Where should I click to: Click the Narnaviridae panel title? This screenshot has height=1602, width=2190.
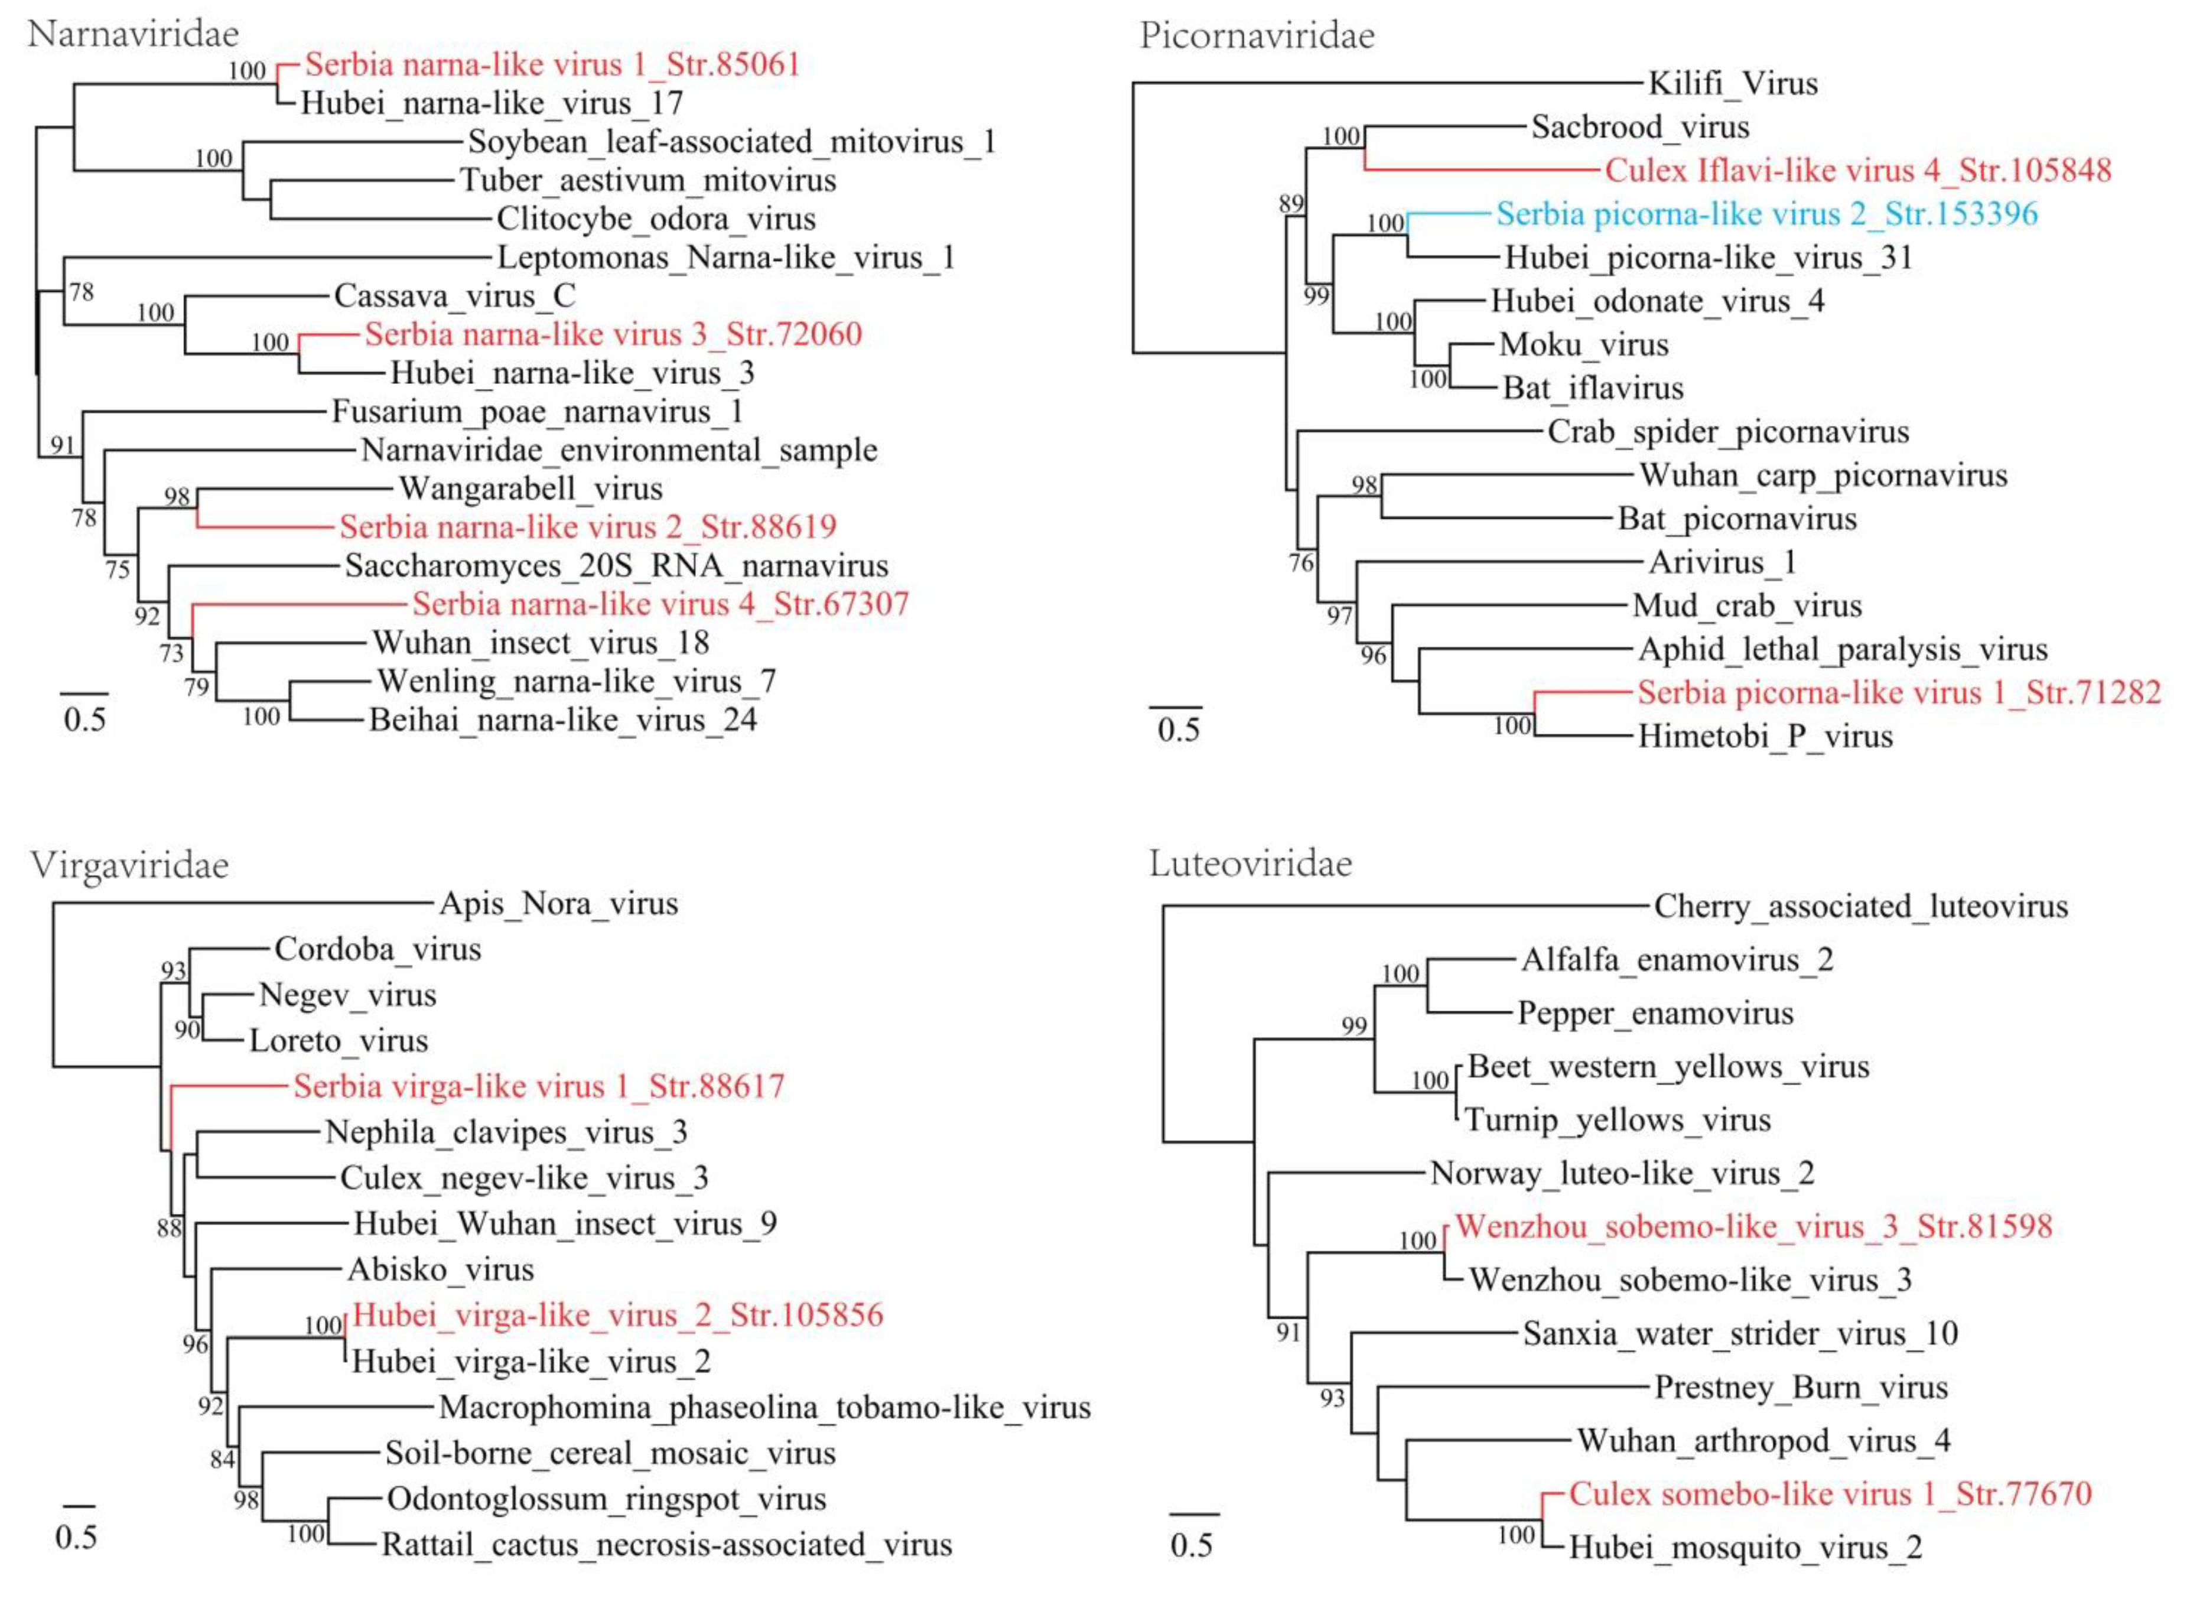tap(133, 34)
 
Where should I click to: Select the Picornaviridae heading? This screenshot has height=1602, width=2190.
tap(1257, 36)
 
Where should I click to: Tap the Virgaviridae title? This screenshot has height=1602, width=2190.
tap(129, 865)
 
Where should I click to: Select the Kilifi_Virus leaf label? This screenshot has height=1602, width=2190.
tap(1732, 83)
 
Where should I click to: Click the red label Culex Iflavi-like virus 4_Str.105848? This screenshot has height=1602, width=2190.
tap(1857, 171)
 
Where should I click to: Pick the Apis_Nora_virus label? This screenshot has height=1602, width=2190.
tap(559, 904)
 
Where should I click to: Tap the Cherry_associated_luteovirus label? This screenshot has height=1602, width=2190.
tap(1860, 907)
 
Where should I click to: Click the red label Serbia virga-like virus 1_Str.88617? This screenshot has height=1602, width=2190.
tap(539, 1086)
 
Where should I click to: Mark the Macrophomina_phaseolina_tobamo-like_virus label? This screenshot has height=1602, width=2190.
tap(764, 1407)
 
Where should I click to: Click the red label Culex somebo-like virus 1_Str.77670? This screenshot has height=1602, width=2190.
tap(1830, 1494)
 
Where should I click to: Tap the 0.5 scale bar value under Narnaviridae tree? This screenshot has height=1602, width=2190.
tap(84, 719)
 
